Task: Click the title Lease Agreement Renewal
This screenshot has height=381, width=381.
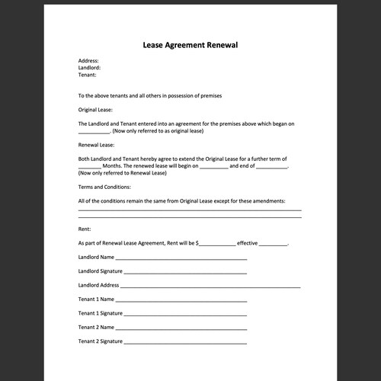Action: pos(190,45)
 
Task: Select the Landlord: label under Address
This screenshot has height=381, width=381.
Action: pos(90,68)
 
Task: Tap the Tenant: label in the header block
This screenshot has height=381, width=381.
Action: pos(88,75)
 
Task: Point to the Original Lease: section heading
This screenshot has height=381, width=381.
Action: pos(95,110)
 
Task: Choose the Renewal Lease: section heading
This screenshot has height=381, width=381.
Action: pos(96,144)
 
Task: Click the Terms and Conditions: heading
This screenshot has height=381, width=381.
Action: pos(104,187)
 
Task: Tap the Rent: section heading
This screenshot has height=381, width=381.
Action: pos(85,229)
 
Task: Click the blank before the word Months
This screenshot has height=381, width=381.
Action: pos(89,166)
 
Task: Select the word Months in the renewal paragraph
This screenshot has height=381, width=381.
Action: pos(113,165)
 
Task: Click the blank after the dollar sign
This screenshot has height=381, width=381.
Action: pos(217,244)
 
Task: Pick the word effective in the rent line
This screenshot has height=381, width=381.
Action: pos(248,243)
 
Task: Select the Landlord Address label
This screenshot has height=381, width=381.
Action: pos(98,285)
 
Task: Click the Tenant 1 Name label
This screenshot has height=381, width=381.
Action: pos(96,299)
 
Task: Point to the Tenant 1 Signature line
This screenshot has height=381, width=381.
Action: pos(185,315)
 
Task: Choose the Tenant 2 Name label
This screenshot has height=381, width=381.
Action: pos(96,327)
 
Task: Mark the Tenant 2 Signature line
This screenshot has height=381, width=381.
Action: pos(185,342)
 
